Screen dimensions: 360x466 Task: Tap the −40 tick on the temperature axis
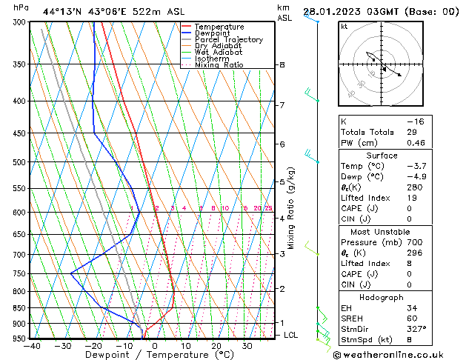tap(31, 346)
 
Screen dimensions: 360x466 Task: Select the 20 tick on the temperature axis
tap(216, 346)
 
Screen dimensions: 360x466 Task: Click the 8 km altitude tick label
tap(282, 65)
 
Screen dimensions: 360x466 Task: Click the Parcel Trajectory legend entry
tap(228, 40)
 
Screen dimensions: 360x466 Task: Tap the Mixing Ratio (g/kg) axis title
tap(291, 208)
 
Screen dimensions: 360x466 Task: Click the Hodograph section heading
tap(382, 296)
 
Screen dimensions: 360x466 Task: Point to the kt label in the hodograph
tap(344, 26)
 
